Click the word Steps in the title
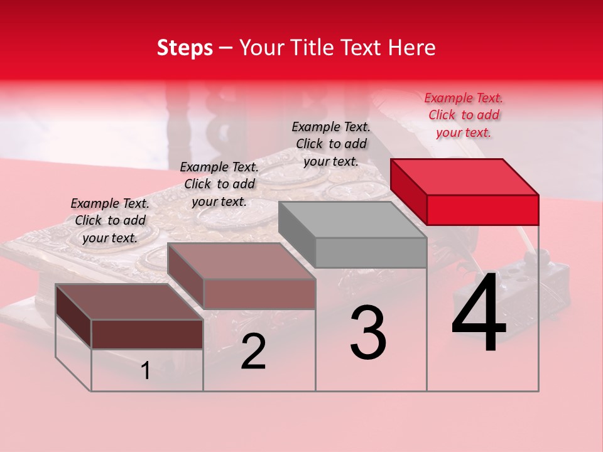tap(185, 48)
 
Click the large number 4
tap(479, 314)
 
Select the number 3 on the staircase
tap(368, 333)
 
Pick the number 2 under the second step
tap(253, 352)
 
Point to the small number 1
tap(145, 371)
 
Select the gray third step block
tap(352, 220)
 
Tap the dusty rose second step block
tap(242, 261)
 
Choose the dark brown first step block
tap(129, 302)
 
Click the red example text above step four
tap(464, 115)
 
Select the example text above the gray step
tap(331, 144)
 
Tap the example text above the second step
tap(219, 184)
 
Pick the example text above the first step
tap(110, 220)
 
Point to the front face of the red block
tap(482, 210)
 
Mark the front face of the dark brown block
tap(147, 334)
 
